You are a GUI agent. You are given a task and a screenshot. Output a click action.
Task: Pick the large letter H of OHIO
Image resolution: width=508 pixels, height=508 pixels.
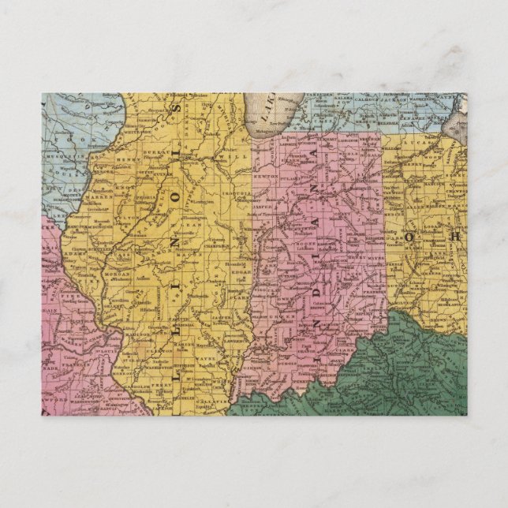(x=455, y=234)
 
